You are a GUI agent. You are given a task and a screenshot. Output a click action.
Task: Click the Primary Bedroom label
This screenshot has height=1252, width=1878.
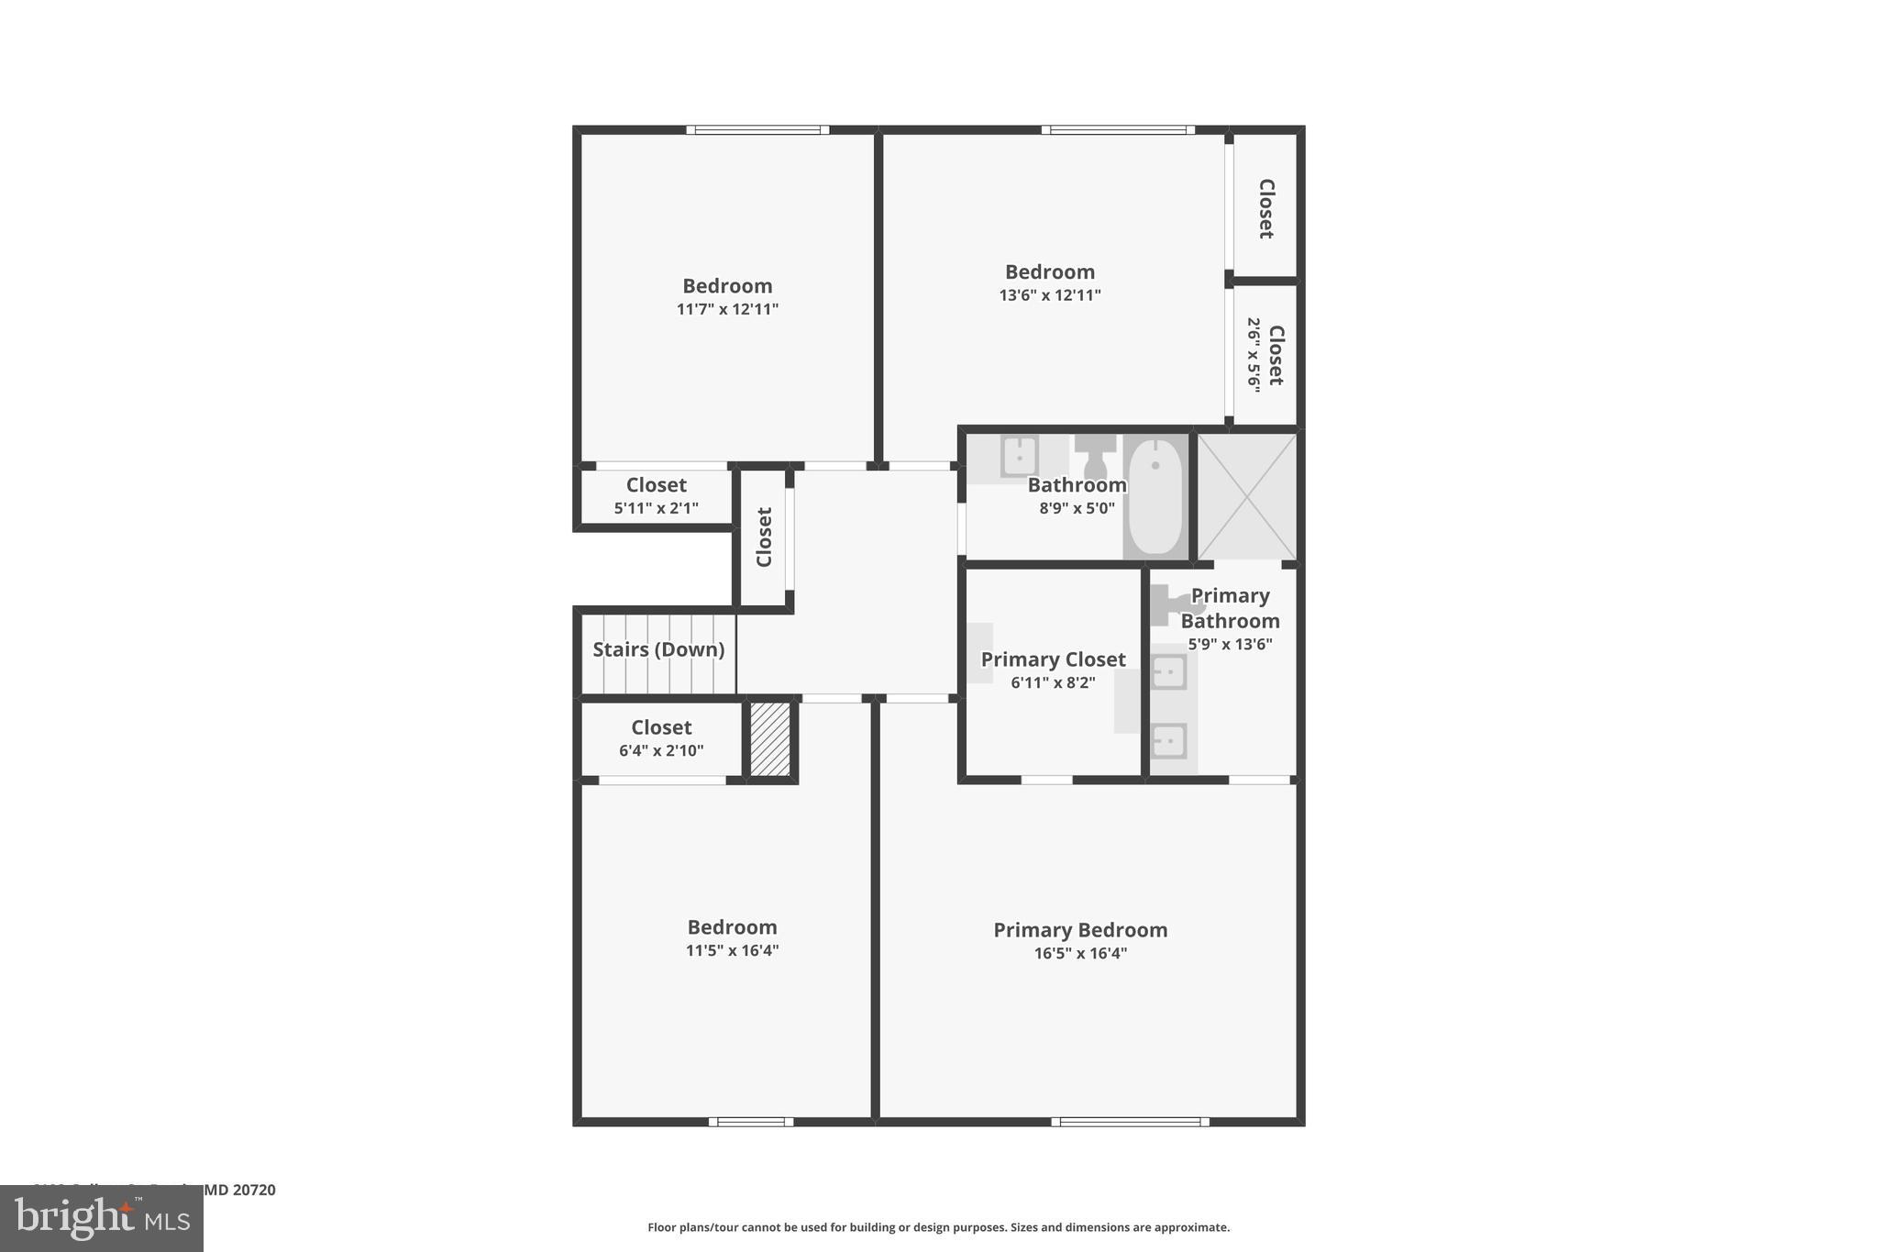pos(1080,930)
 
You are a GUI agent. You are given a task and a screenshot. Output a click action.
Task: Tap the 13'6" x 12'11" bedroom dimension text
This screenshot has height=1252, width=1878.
pos(1050,295)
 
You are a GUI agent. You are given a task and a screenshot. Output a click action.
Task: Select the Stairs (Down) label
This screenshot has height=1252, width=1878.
pos(658,649)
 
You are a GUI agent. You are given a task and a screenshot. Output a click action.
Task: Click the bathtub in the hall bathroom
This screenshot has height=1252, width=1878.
pos(1155,496)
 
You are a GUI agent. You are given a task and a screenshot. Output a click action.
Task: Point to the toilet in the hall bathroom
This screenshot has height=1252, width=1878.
pos(1095,453)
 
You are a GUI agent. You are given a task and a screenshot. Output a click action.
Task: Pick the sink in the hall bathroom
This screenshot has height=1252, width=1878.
pos(1019,456)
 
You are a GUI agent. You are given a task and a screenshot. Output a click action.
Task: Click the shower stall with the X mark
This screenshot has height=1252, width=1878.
pos(1247,496)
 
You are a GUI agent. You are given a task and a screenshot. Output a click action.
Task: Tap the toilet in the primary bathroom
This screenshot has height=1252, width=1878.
pos(1175,604)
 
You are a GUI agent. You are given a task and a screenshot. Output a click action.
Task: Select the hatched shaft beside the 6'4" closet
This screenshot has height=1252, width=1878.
pos(770,739)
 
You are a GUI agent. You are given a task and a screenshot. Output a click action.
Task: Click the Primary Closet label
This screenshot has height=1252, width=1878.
pos(1053,659)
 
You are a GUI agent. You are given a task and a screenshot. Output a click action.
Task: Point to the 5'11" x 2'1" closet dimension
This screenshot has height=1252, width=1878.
pos(657,508)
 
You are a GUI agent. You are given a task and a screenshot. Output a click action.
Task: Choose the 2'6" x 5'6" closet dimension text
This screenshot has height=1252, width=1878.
pos(1254,355)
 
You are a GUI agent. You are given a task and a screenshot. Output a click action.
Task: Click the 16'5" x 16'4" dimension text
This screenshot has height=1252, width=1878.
pos(1080,954)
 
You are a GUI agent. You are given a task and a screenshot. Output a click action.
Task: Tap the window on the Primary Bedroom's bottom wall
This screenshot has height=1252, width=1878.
pos(1130,1121)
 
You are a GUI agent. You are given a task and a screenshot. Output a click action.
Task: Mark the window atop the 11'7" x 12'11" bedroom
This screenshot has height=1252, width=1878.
pos(757,130)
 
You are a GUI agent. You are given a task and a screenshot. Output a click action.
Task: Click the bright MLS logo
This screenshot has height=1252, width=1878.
pos(102,1218)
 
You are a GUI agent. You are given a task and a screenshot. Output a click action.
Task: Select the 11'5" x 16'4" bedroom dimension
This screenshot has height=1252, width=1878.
pos(732,951)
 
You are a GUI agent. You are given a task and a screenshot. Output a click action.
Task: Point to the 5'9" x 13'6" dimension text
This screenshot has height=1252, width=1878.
pos(1230,645)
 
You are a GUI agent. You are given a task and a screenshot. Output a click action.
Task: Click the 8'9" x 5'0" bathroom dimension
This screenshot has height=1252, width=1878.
pos(1077,508)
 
